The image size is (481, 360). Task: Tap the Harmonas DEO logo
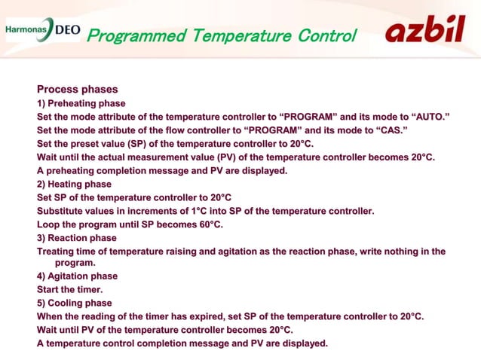[42, 32]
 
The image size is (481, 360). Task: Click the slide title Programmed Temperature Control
[221, 35]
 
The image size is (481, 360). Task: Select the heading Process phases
[78, 90]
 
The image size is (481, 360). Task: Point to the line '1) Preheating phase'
[81, 103]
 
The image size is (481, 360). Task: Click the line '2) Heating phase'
[74, 185]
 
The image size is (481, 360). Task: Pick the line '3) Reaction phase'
[77, 239]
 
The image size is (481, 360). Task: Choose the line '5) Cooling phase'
[74, 304]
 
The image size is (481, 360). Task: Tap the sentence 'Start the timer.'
[70, 290]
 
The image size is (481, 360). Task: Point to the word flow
[178, 130]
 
